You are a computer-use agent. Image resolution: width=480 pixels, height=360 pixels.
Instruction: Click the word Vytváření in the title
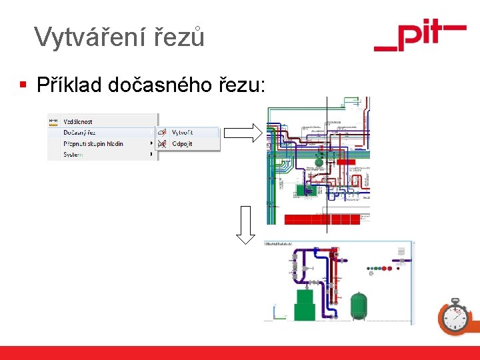tap(78, 37)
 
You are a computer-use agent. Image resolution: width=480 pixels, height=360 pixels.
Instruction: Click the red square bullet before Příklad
tap(23, 85)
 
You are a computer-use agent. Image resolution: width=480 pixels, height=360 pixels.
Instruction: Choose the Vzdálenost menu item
tap(78, 122)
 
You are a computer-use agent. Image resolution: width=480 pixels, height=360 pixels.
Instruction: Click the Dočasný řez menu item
tap(79, 133)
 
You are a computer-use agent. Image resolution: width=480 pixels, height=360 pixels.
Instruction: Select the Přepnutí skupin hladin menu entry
tap(93, 143)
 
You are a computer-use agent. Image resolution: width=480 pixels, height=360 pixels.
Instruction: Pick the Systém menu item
tap(73, 155)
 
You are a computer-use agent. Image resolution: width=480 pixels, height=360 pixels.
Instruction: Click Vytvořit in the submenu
tap(182, 133)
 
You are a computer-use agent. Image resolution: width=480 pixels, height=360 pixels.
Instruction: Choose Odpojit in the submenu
tap(182, 143)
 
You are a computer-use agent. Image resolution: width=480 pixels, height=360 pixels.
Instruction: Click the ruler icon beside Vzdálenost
tap(54, 122)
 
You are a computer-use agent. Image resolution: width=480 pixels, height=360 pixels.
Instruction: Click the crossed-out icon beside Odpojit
tap(162, 143)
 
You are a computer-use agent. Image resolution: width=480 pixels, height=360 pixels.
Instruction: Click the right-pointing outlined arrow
tap(243, 133)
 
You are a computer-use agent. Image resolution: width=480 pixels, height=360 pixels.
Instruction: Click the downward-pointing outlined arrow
tap(245, 225)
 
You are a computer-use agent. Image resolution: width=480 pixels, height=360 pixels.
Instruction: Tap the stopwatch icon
tap(455, 316)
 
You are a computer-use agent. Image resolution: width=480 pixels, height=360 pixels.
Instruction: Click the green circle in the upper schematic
tap(319, 161)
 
